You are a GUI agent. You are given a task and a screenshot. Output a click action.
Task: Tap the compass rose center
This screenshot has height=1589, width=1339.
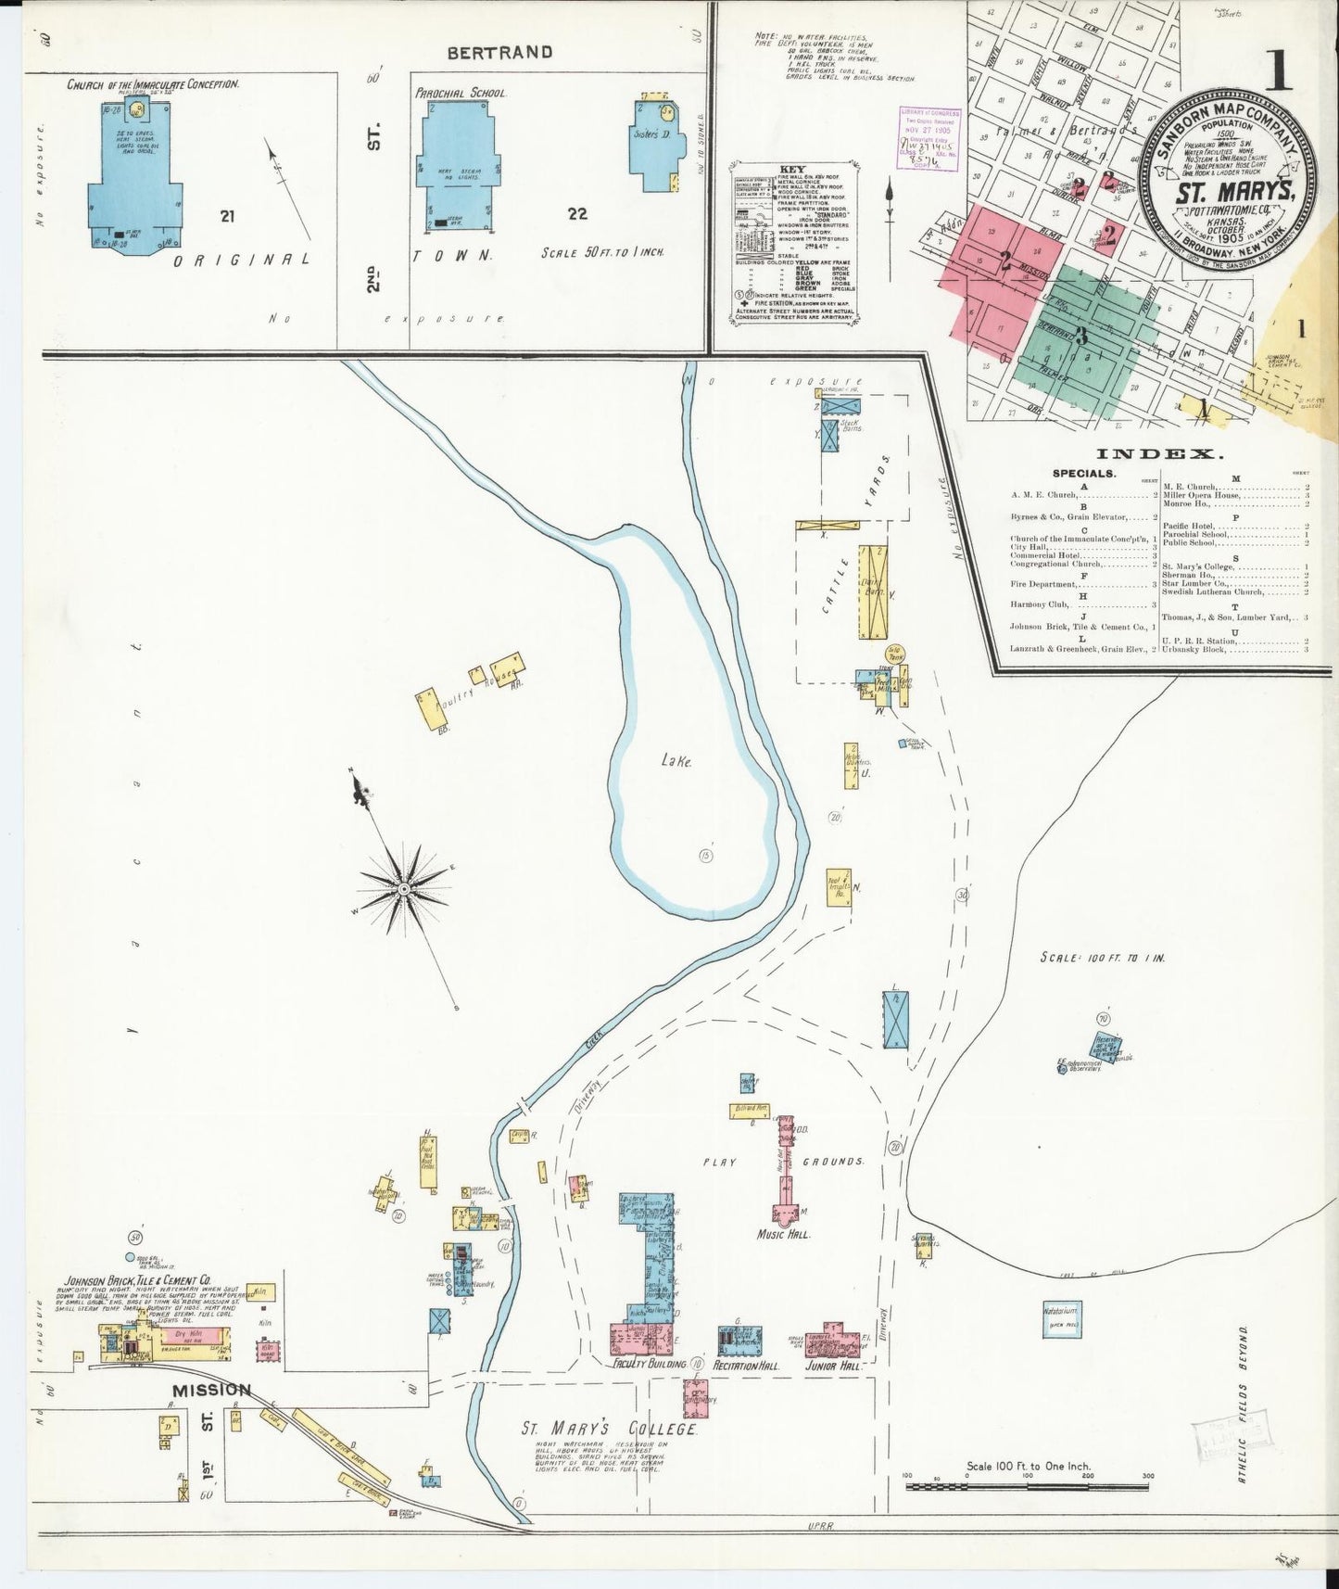coord(404,889)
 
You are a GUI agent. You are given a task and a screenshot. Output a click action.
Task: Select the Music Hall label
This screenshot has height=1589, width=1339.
coord(783,1235)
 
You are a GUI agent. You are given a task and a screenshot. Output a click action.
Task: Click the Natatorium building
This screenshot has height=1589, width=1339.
coord(1061,1319)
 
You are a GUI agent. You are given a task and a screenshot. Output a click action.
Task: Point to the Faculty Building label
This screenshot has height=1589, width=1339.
coord(649,1365)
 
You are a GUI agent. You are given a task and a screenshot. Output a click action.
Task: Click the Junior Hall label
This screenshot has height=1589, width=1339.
coord(834,1366)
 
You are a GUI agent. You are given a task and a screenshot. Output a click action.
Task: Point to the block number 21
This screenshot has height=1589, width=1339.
coord(227,216)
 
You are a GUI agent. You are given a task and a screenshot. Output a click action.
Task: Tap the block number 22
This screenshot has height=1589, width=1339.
coord(577,214)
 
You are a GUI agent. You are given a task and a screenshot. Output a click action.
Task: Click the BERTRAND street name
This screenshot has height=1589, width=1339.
coord(499,53)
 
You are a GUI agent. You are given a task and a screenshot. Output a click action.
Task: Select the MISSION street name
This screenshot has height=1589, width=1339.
coord(210,1390)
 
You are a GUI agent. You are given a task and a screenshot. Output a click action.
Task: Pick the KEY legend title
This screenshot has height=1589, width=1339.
coord(793,171)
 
